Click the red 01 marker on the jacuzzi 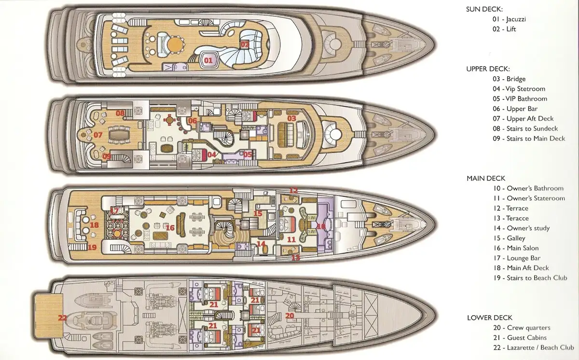click(x=208, y=60)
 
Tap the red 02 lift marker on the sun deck click(x=245, y=44)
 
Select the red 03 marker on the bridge click(x=291, y=118)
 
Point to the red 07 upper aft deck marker click(x=98, y=135)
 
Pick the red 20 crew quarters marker click(x=289, y=316)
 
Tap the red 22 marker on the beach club click(x=62, y=318)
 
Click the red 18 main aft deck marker click(x=94, y=225)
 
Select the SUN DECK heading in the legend click(x=484, y=9)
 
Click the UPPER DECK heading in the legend click(x=488, y=69)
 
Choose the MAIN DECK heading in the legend click(x=486, y=178)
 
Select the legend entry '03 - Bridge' click(x=509, y=79)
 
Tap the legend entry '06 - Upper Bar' click(x=515, y=109)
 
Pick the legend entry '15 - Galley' click(x=509, y=238)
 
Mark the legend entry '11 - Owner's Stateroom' click(x=529, y=198)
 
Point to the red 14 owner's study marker click(x=261, y=244)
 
